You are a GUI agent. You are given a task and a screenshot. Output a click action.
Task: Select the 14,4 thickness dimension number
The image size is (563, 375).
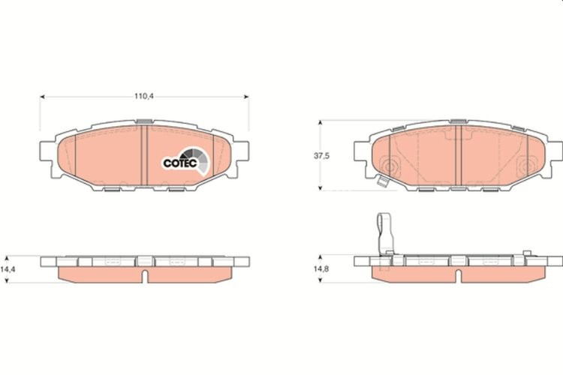8,268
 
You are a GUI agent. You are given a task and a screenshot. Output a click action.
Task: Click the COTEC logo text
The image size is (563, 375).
180,163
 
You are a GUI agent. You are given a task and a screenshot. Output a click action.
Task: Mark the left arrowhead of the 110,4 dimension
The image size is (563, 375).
41,96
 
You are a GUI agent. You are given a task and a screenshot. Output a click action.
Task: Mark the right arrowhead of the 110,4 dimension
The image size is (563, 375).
245,96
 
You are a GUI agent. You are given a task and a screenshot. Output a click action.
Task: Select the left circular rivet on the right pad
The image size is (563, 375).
388,166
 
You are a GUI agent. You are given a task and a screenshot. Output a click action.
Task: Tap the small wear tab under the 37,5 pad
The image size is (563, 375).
382,181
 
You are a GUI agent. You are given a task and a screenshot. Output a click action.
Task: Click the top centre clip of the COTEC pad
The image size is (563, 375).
143,121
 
